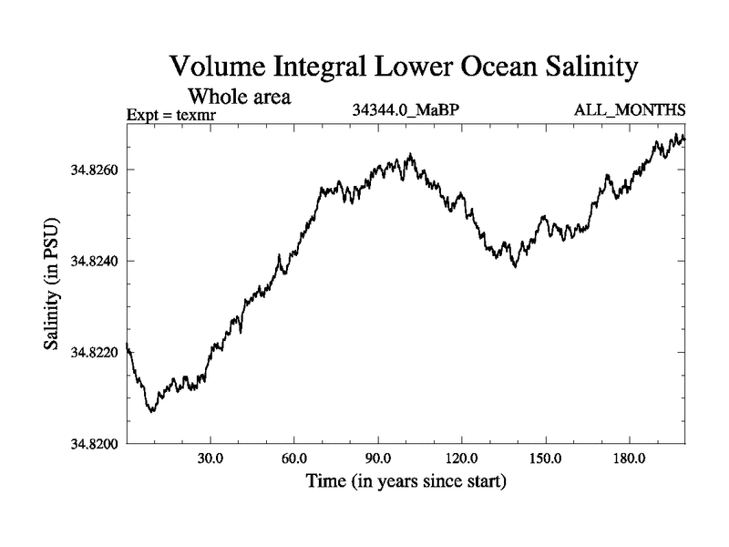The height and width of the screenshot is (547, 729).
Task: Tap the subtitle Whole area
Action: tap(239, 96)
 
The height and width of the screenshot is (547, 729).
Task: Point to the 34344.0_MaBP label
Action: tap(405, 111)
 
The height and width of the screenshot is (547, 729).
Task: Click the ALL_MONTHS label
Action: tap(629, 111)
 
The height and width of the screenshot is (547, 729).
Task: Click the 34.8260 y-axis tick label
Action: tap(95, 170)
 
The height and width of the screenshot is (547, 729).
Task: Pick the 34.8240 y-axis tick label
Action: tap(95, 261)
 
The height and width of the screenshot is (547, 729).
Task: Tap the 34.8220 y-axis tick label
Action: tap(95, 352)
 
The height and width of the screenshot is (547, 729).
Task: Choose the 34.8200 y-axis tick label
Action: tap(95, 443)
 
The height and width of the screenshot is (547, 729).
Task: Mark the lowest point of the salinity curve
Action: tap(152, 412)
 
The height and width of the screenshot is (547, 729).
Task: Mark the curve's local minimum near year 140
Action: tap(515, 266)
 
